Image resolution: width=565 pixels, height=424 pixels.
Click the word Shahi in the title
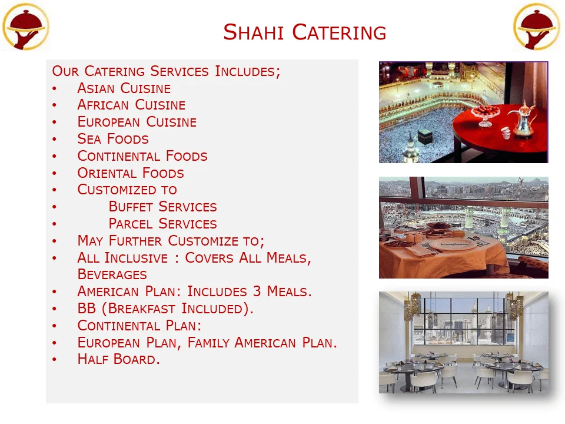tap(254, 32)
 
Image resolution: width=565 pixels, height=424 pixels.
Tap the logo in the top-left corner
tap(25, 26)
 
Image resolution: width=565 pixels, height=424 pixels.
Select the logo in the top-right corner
tap(537, 26)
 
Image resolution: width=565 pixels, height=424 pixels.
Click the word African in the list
tap(103, 105)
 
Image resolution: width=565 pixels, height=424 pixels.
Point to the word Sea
tap(89, 139)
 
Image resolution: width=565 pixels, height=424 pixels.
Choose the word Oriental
tap(107, 173)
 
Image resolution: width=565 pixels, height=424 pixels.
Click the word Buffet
tap(131, 207)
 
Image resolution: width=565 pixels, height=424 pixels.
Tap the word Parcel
tap(131, 224)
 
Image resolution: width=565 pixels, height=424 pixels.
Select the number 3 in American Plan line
tap(257, 291)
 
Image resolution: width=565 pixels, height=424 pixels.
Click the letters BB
tap(87, 309)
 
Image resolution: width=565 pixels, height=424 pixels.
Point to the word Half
tap(92, 359)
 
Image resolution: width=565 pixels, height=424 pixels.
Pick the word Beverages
tap(112, 274)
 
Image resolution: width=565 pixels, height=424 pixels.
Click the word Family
tap(208, 343)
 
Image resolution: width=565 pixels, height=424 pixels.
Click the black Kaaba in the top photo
tap(425, 137)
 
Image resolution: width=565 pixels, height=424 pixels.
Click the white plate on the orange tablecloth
tap(453, 244)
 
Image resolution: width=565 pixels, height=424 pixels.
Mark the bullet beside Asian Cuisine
tap(54, 88)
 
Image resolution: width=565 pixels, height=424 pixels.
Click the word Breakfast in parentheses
tap(141, 309)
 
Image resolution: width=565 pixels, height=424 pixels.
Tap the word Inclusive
tap(136, 258)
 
